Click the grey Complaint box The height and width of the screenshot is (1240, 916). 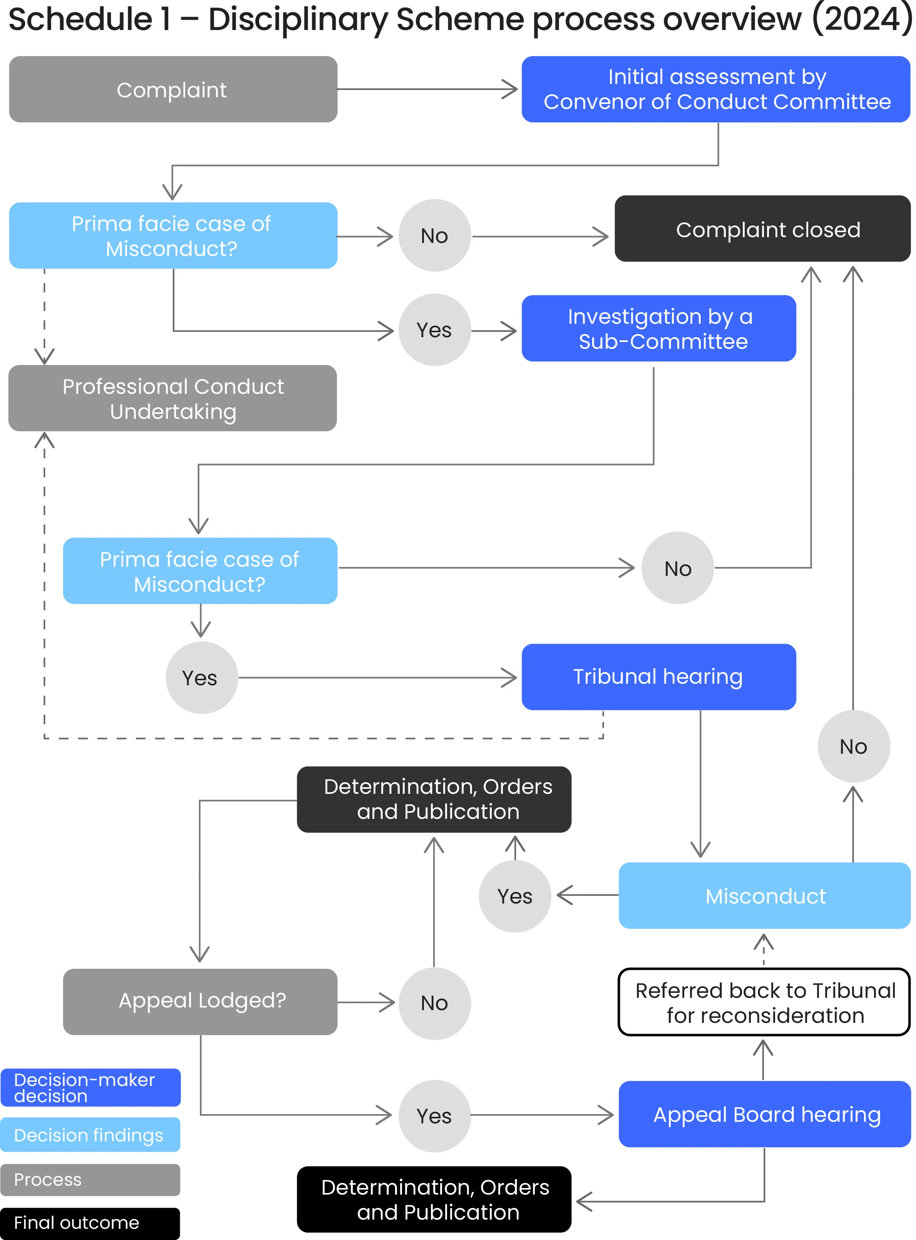173,89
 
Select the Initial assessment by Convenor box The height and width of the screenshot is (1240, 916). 715,89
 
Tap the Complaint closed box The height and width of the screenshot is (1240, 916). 762,229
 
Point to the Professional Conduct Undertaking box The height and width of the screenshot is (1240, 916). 172,398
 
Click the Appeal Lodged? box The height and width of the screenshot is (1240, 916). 200,1001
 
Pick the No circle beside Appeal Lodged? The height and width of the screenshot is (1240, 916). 434,1003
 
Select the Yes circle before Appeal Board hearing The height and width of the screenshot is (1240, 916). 434,1116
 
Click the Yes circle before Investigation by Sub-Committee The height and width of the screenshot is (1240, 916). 434,330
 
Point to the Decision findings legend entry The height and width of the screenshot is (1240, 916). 90,1135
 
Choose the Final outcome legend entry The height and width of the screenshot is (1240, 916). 90,1222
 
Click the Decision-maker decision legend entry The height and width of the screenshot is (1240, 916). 90,1088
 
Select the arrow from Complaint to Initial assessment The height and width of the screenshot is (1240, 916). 427,89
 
